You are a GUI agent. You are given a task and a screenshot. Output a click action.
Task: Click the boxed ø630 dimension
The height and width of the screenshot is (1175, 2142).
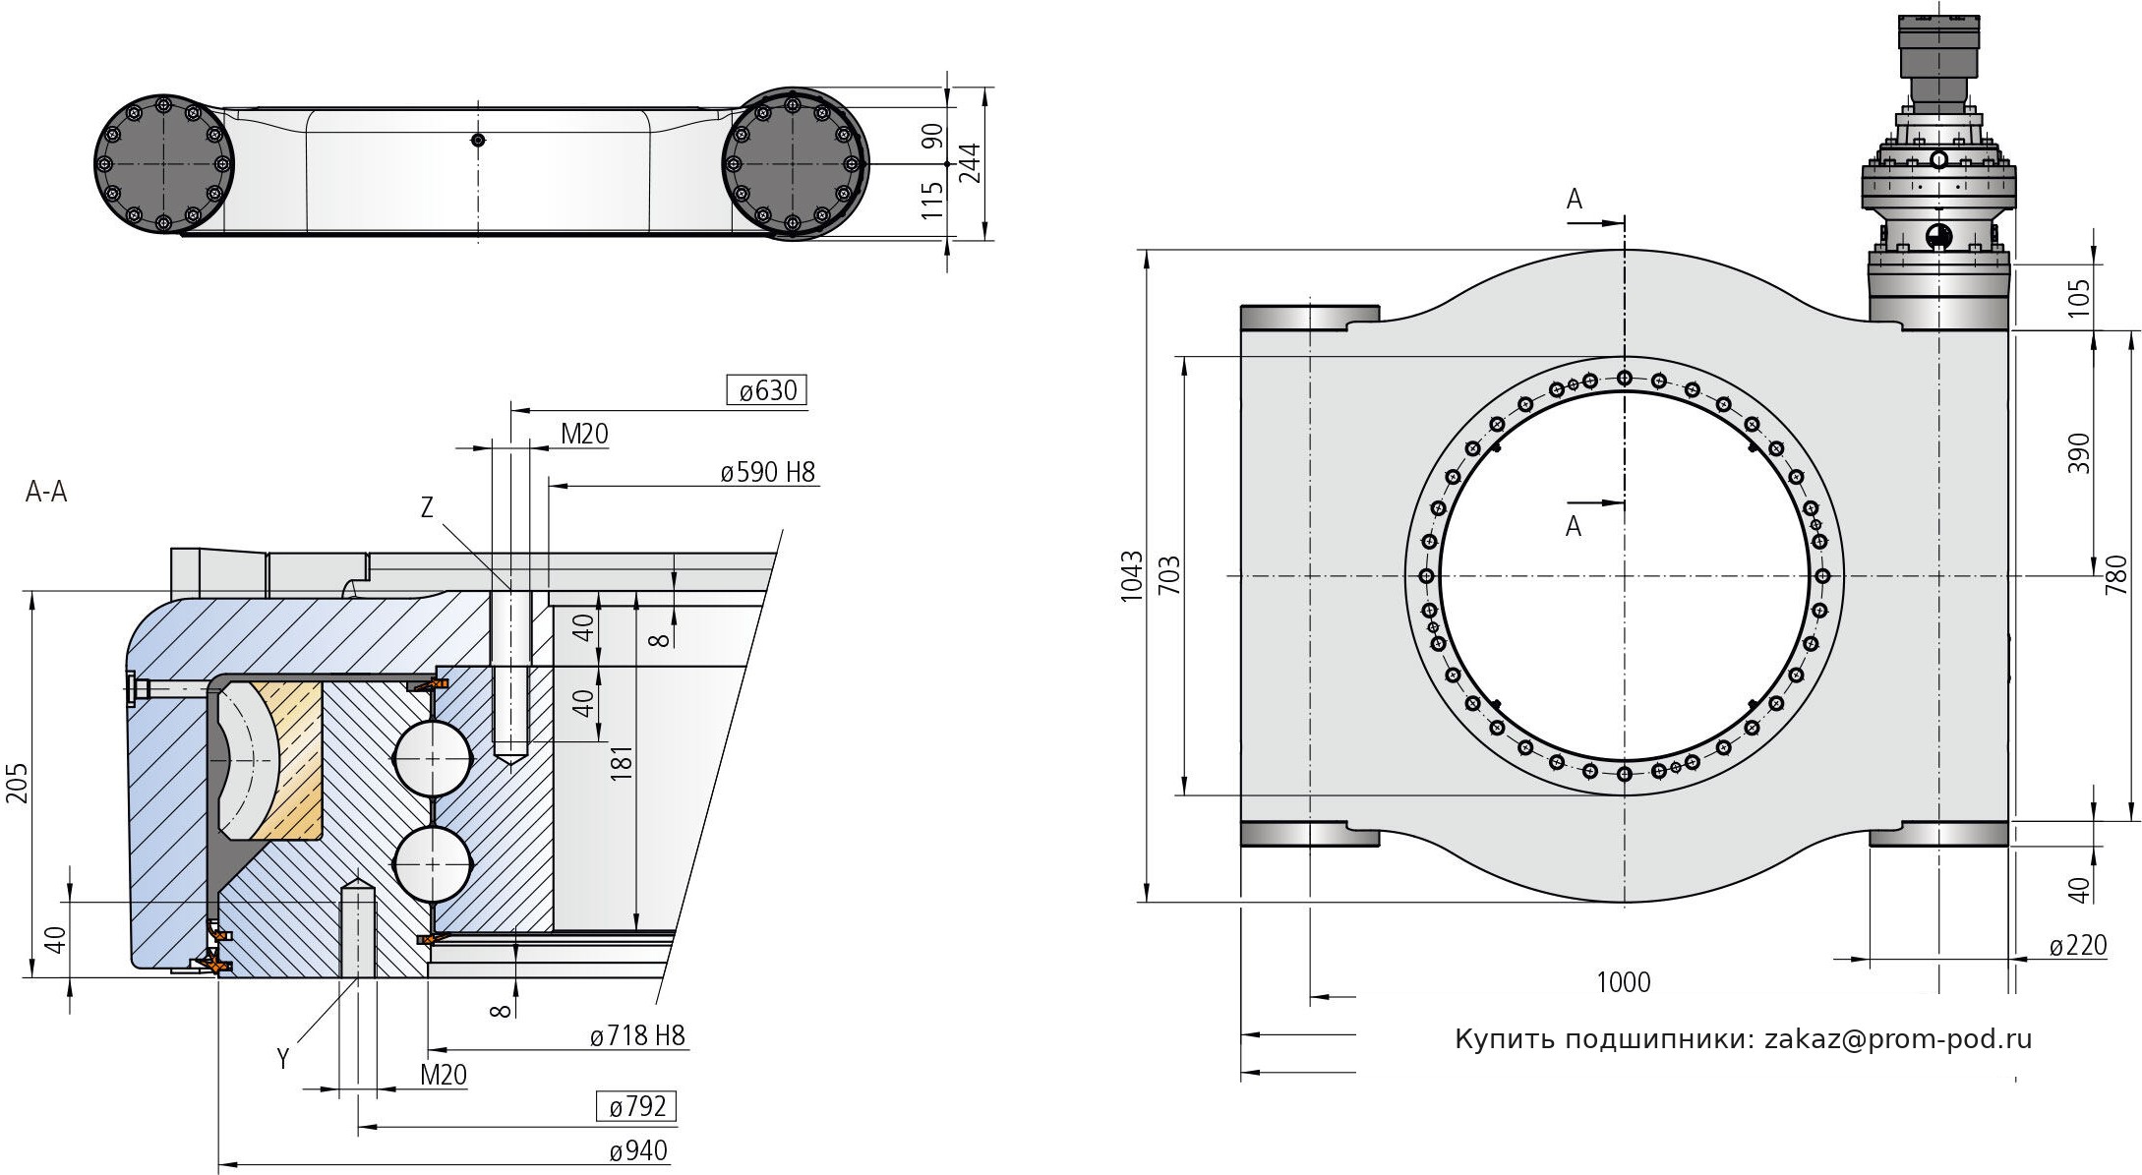tap(767, 390)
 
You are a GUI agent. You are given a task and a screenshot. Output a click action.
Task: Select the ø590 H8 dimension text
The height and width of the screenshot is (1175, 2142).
tap(767, 472)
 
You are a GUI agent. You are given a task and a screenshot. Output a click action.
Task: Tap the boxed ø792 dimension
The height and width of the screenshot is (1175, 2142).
tap(637, 1107)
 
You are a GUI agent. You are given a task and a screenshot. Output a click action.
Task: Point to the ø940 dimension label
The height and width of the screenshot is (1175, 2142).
tap(637, 1151)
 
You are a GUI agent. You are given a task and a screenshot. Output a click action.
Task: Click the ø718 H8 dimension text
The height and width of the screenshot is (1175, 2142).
tap(637, 1034)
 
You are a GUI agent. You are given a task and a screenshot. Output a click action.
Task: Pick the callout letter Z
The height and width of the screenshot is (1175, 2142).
tap(427, 507)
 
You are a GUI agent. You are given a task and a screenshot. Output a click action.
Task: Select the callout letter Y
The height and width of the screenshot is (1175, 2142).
tap(283, 1058)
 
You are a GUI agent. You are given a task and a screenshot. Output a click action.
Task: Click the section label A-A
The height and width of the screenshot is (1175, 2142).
tap(46, 493)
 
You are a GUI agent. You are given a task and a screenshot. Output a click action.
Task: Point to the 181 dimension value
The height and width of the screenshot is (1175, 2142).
tap(622, 764)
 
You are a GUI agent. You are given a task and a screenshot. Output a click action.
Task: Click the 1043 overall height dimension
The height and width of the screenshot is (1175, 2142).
tap(1132, 576)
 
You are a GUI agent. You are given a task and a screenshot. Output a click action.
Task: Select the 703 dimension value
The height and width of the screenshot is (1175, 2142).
tap(1168, 576)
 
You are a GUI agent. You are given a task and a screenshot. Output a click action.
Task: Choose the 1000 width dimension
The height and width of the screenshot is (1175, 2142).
tap(1623, 982)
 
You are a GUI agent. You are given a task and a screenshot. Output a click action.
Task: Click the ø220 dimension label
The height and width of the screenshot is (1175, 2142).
tap(2077, 946)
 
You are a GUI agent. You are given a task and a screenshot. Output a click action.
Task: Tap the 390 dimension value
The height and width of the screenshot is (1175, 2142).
tap(2078, 453)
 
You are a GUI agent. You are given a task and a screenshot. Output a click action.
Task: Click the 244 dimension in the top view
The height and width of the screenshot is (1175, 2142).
tap(970, 163)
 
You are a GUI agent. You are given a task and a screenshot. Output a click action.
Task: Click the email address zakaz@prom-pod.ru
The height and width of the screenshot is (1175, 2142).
tap(1898, 1039)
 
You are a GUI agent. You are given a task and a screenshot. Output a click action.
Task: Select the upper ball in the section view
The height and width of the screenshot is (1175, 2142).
tap(433, 758)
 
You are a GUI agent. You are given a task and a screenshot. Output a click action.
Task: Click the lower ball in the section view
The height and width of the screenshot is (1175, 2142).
tap(433, 862)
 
